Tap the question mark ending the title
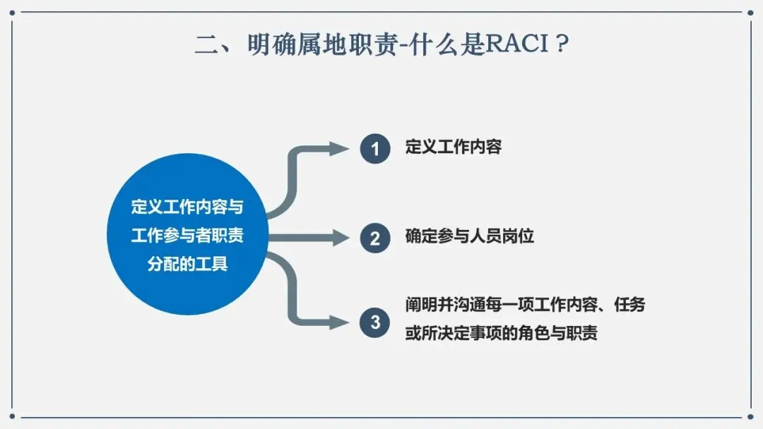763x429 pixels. coord(562,44)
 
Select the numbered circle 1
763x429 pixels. coord(375,149)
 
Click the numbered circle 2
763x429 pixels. coord(375,238)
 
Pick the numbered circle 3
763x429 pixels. coord(374,322)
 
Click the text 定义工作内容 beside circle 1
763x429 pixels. coord(454,147)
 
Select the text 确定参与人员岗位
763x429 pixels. coord(470,236)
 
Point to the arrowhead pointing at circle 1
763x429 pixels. coord(339,149)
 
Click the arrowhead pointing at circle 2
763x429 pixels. coord(340,238)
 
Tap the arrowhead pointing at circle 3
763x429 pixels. coord(339,322)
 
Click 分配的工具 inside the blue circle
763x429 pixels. coord(187,265)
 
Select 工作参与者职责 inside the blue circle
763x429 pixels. coord(187,236)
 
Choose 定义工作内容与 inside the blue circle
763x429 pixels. coord(187,207)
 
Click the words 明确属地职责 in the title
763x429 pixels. coord(323,44)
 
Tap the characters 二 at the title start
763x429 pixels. coord(208,44)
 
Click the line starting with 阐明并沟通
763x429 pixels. coord(525,305)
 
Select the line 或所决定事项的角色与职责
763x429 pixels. coord(501,333)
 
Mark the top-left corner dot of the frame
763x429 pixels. coord(12,13)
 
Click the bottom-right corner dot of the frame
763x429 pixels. coord(750,416)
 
